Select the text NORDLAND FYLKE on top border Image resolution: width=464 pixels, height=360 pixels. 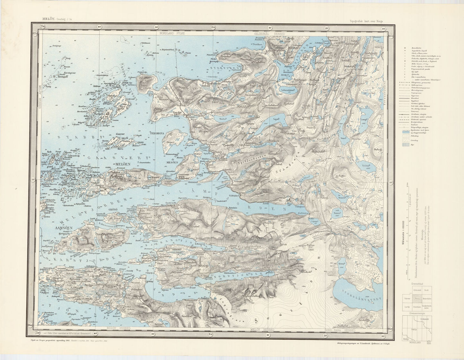pyautogui.click(x=173, y=33)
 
